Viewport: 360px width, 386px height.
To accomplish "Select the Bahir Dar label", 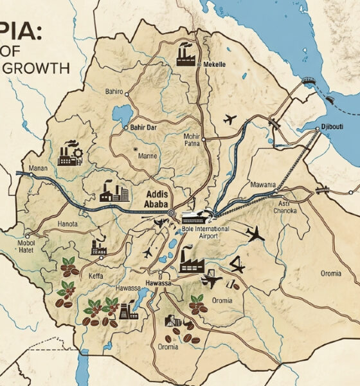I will tap(145, 127).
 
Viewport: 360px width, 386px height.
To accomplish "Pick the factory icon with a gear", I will tap(69, 153).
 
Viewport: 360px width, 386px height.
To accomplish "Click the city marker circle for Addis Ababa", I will tap(171, 213).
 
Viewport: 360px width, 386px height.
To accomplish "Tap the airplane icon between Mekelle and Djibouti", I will tap(230, 120).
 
